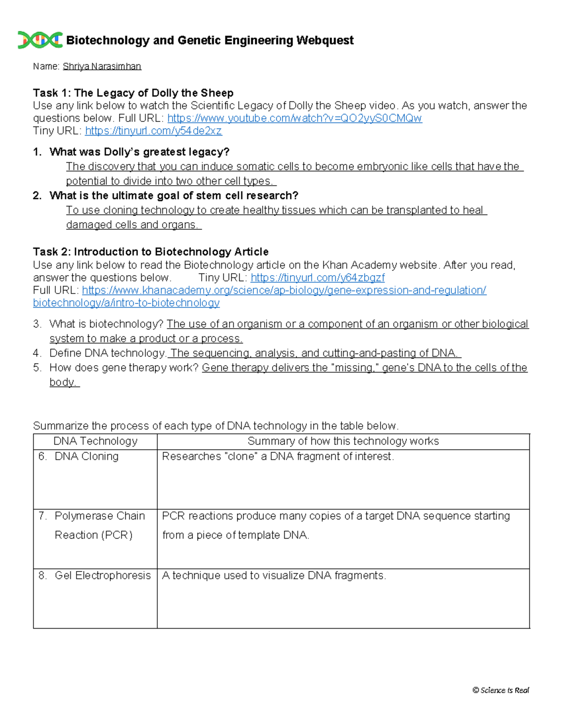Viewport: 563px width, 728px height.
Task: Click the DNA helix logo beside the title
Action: pos(40,40)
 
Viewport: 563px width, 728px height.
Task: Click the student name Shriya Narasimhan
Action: pos(102,67)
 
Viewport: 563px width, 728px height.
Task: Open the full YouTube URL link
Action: pos(294,118)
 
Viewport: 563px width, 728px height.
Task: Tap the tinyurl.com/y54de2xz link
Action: pos(153,131)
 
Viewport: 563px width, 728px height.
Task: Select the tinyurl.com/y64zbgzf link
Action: pos(318,278)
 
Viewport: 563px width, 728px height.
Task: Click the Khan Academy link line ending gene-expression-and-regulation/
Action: pos(284,290)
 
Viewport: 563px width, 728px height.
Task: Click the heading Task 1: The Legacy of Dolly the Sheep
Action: pos(133,93)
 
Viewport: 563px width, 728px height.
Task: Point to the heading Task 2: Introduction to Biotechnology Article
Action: pos(151,252)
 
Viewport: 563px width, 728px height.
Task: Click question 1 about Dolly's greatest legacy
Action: pos(139,152)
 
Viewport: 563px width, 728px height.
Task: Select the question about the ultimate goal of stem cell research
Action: pos(174,195)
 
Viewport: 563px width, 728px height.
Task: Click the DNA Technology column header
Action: pos(95,441)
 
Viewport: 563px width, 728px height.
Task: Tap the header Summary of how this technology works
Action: pos(343,441)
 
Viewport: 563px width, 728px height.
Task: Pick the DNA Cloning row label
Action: pos(86,456)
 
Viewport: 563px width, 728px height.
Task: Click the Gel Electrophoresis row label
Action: pos(102,575)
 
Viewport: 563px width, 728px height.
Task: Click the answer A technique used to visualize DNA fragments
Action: pos(274,575)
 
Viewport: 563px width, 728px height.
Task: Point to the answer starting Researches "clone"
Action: pos(278,456)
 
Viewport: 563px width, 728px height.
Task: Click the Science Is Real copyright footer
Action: pos(501,690)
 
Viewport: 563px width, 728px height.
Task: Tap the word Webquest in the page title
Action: pos(325,40)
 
